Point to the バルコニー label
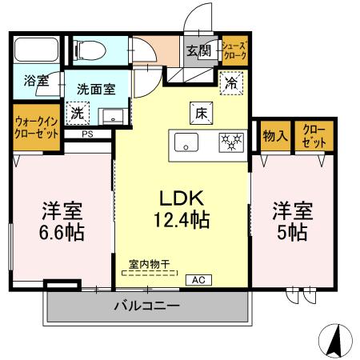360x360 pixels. coord(145,306)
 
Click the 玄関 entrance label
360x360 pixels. coord(199,51)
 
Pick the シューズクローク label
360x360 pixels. coord(234,50)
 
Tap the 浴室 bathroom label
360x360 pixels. coord(37,81)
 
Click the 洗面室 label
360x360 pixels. coord(94,90)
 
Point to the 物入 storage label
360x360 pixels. coord(275,136)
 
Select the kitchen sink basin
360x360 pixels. coord(187,144)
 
